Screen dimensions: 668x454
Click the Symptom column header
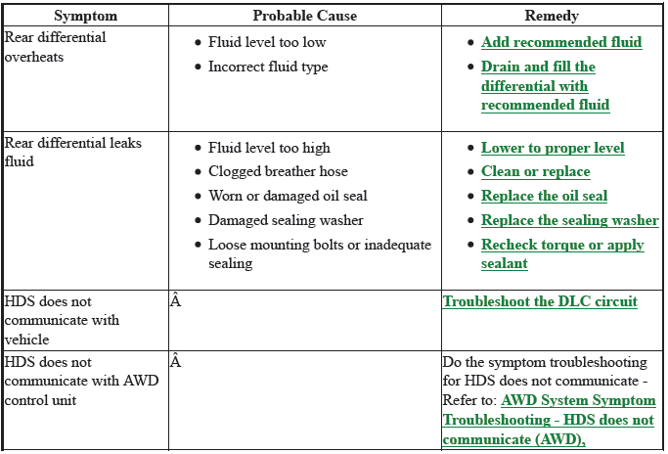click(x=86, y=16)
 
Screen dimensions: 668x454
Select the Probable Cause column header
click(x=305, y=16)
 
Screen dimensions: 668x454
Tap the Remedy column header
click(x=552, y=16)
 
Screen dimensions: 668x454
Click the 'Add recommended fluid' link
click(x=561, y=42)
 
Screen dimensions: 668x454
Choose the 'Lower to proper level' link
click(x=553, y=148)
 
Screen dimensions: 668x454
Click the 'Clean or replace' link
click(x=536, y=171)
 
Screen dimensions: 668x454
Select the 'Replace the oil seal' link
click(x=544, y=196)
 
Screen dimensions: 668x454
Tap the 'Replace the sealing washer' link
click(x=570, y=220)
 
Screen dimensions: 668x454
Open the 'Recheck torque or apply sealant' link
click(x=562, y=253)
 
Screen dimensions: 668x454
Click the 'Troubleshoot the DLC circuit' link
click(x=540, y=301)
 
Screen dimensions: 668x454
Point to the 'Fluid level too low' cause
click(x=267, y=42)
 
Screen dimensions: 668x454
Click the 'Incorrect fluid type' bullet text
click(x=268, y=67)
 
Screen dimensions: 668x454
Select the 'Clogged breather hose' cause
click(x=278, y=171)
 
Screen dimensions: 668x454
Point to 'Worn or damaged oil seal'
click(x=288, y=196)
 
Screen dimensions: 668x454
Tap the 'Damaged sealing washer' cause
click(x=286, y=220)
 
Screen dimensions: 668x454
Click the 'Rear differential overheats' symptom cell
click(x=55, y=47)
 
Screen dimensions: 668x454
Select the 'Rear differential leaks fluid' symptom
click(x=72, y=153)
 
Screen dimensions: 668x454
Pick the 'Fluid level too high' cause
click(x=269, y=148)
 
